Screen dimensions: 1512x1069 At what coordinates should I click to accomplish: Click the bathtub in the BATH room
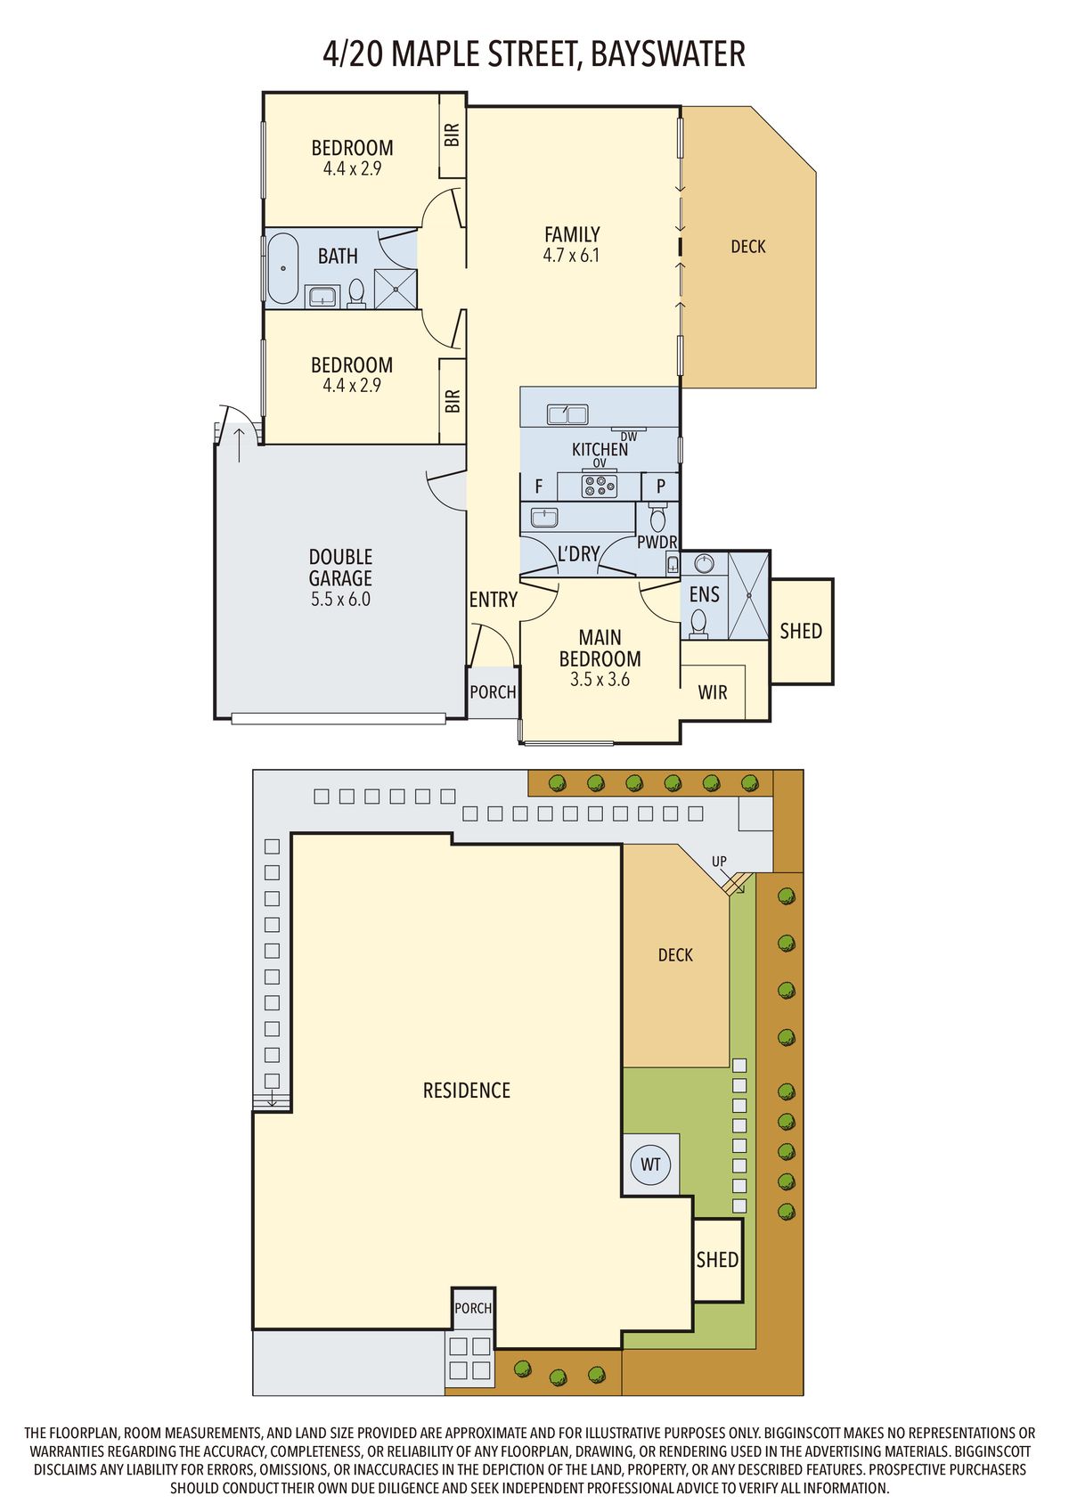point(284,267)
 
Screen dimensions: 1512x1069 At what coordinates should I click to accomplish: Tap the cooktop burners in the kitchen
point(599,486)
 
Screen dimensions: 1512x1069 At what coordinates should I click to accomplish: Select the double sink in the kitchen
point(567,414)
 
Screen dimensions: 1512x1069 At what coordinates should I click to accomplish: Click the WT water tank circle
point(650,1165)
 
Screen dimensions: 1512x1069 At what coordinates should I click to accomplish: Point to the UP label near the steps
point(719,862)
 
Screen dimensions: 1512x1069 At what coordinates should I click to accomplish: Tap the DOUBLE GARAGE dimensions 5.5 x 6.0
point(340,600)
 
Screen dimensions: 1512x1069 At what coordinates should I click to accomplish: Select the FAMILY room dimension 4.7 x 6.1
point(571,256)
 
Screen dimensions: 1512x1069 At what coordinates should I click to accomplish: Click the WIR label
point(713,692)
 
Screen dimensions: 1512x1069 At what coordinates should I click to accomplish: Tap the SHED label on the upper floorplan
point(801,631)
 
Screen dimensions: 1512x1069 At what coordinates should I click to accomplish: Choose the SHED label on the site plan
point(717,1260)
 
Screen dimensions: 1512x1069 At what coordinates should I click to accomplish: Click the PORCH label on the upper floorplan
point(493,692)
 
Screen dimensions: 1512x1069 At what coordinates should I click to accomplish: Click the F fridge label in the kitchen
point(539,487)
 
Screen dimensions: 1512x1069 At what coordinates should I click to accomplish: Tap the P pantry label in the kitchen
point(661,486)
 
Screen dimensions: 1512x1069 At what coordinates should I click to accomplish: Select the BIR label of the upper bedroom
point(453,135)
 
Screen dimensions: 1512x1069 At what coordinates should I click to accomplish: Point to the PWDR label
point(657,542)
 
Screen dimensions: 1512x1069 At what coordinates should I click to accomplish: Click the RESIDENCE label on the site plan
point(466,1091)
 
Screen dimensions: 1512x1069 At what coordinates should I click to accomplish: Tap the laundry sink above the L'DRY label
point(543,517)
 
